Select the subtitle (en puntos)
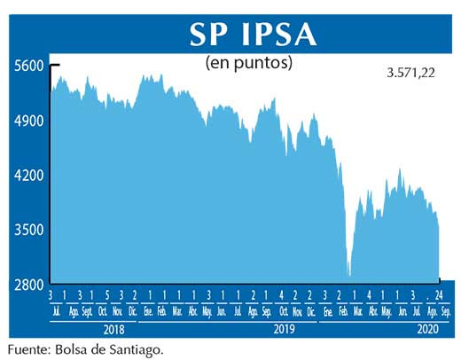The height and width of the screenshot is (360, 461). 248,64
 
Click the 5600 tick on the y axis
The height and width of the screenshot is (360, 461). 26,66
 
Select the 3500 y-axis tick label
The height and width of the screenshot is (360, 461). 26,231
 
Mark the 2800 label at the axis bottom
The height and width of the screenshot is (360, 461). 26,285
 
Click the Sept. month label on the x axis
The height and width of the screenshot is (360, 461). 89,311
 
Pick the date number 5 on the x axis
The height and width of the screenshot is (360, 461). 106,295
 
